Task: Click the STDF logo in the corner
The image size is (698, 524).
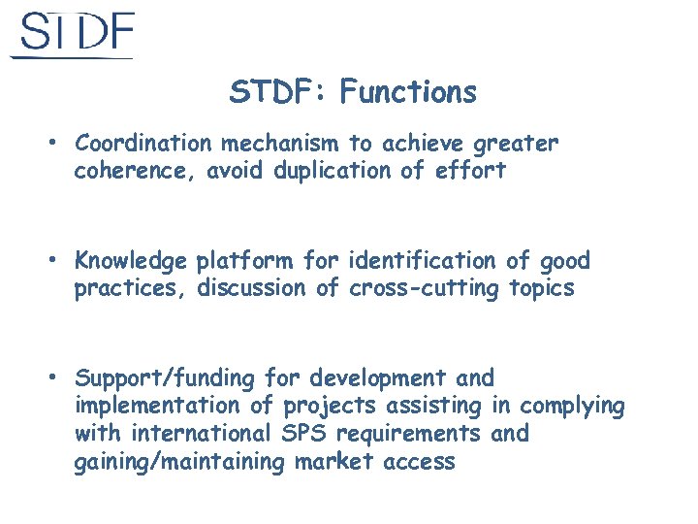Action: click(x=73, y=35)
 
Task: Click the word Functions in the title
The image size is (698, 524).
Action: click(x=408, y=93)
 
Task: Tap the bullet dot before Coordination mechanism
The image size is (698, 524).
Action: click(x=58, y=144)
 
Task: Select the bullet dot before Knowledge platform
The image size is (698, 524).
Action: click(x=58, y=260)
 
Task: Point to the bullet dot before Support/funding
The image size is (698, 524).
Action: click(x=58, y=377)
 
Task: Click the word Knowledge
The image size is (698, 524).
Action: click(x=131, y=261)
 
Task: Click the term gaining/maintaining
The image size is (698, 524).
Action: click(x=179, y=463)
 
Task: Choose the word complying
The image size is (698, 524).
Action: click(x=572, y=407)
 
